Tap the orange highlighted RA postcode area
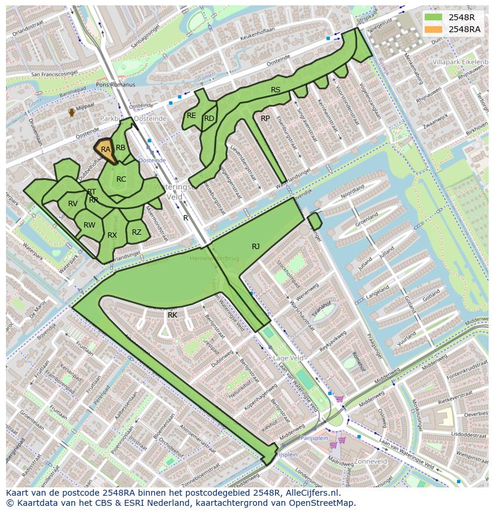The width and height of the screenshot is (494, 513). click(106, 150)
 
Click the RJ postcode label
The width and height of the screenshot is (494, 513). click(255, 246)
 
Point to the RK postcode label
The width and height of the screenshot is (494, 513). click(172, 315)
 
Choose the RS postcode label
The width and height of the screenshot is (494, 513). click(276, 90)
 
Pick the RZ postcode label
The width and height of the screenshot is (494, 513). click(137, 232)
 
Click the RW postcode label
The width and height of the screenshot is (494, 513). click(89, 225)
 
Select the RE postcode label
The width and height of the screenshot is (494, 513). click(191, 116)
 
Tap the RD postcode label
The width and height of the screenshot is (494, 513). click(209, 119)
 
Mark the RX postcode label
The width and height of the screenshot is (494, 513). click(112, 235)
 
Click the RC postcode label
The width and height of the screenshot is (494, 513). click(121, 179)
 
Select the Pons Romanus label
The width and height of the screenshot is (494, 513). click(116, 85)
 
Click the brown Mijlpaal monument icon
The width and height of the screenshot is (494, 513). click(72, 111)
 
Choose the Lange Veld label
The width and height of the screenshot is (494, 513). click(289, 358)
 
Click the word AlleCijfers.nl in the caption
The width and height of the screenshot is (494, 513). click(313, 493)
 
